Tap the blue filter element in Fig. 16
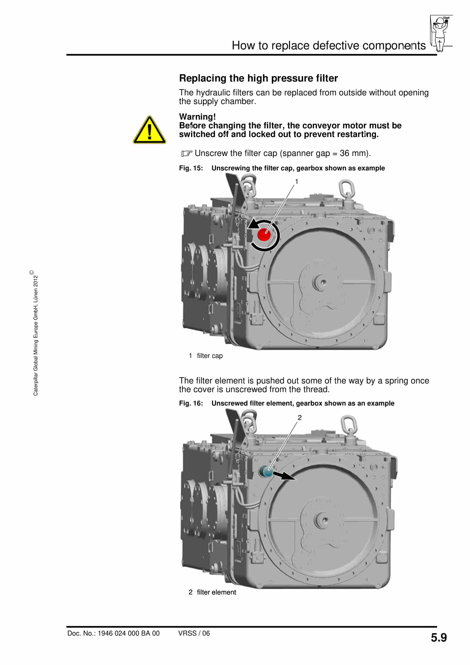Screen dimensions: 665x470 266,472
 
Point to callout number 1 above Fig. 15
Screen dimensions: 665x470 296,182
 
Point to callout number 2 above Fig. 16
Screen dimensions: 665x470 299,417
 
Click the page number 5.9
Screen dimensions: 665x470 438,638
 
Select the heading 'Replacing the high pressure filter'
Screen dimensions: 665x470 258,78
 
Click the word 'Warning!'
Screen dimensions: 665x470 197,117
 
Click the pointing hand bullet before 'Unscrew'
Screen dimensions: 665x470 187,153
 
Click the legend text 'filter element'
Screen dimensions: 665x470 216,592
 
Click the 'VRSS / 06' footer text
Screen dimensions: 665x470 194,633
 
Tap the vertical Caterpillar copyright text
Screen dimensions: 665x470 35,333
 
